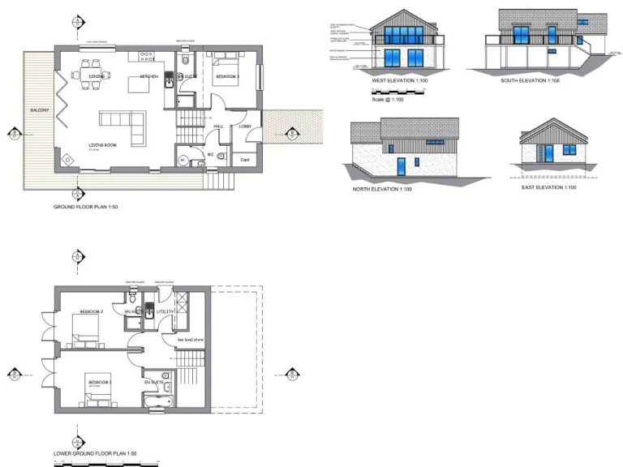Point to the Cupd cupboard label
[x=244, y=159]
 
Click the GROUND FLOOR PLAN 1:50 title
[x=85, y=208]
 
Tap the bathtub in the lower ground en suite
[x=157, y=401]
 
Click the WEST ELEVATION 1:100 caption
[x=400, y=81]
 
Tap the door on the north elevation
[x=402, y=166]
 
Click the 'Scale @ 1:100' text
[x=388, y=100]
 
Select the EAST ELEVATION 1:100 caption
[x=548, y=187]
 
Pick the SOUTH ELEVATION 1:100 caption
[x=531, y=81]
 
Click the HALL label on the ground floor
[x=218, y=126]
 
